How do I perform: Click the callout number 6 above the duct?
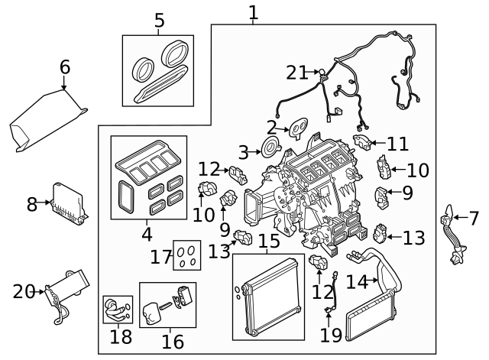[65, 67]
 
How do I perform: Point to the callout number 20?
[24, 291]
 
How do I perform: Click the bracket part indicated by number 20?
[60, 291]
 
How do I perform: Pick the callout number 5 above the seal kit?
[159, 21]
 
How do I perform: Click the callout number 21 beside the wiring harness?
[296, 73]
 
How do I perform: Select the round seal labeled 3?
[269, 148]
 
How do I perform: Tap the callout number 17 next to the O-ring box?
[161, 257]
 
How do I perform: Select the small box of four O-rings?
[185, 255]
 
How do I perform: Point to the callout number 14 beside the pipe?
[357, 282]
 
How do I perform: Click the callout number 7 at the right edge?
[474, 218]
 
